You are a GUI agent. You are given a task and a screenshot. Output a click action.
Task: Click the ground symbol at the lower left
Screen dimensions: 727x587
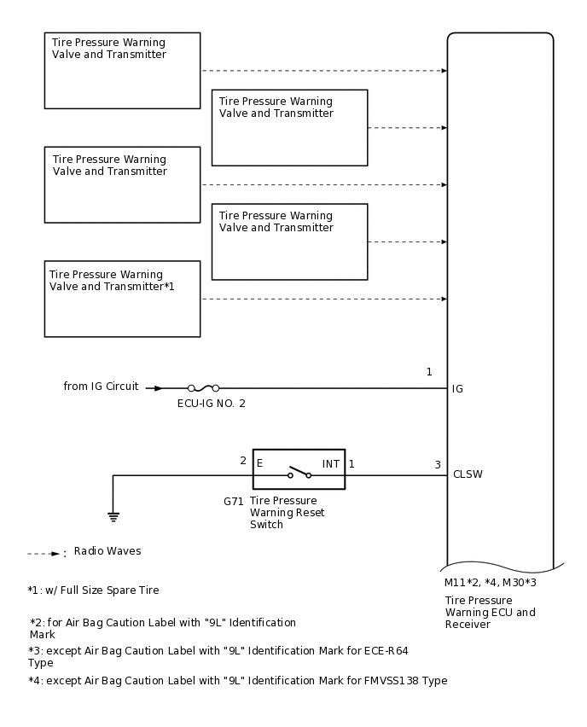click(x=113, y=516)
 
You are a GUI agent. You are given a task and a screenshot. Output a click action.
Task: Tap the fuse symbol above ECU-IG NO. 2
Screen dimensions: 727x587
click(x=203, y=388)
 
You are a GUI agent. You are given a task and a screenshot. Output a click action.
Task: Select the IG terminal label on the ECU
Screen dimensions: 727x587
click(x=457, y=389)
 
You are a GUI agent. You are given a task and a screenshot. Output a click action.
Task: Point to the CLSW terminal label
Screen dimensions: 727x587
click(x=468, y=474)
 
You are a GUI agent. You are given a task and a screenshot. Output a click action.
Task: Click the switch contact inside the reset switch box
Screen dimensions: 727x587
click(x=299, y=473)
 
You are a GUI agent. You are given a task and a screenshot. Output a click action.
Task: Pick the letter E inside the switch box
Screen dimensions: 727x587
click(x=259, y=464)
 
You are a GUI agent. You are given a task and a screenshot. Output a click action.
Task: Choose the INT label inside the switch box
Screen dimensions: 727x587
click(x=331, y=464)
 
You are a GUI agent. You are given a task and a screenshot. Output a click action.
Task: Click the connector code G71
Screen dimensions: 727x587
click(x=234, y=502)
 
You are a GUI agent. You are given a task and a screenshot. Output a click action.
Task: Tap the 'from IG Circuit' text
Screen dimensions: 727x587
click(x=101, y=387)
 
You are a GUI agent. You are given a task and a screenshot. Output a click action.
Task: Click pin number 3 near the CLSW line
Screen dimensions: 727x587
click(x=438, y=465)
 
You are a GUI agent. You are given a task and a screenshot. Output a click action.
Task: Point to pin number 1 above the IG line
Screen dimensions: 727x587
click(x=429, y=372)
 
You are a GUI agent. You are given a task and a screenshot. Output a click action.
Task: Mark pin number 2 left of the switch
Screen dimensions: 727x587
click(x=243, y=461)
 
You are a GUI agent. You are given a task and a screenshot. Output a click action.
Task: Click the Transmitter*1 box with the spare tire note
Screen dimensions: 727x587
click(x=122, y=299)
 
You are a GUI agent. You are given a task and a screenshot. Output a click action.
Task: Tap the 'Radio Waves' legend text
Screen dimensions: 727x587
click(x=108, y=551)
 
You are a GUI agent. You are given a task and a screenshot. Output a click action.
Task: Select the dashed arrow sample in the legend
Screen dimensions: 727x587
click(x=43, y=554)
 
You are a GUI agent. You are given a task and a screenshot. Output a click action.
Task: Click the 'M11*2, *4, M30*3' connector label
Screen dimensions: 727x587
click(x=490, y=583)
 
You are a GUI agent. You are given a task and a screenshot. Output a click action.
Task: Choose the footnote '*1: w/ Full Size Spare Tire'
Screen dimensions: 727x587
click(x=93, y=590)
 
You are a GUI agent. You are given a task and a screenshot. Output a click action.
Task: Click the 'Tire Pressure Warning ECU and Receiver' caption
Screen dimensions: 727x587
click(x=490, y=612)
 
